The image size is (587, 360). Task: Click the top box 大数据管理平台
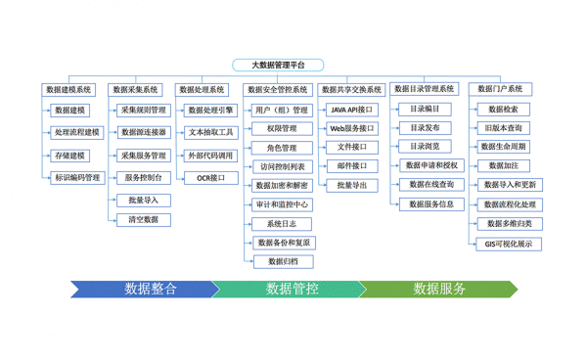point(278,66)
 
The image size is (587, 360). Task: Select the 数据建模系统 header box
point(68,89)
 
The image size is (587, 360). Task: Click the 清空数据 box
point(143,220)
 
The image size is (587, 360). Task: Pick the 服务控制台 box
point(143,178)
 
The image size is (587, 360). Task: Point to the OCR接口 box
point(210,178)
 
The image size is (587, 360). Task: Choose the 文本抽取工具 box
point(210,132)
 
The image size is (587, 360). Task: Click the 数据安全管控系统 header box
point(278,89)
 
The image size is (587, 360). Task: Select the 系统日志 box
point(281,224)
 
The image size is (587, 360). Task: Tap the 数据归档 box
point(283,261)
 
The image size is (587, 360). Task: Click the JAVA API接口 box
point(351,110)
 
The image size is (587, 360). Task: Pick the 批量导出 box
point(351,185)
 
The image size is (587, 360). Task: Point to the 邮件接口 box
point(351,166)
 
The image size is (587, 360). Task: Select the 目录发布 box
point(425,128)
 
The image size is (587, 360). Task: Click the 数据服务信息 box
point(430,204)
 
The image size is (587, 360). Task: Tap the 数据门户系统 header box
point(498,89)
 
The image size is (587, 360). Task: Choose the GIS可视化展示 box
point(509,244)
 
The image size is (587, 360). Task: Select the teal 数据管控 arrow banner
point(291,289)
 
